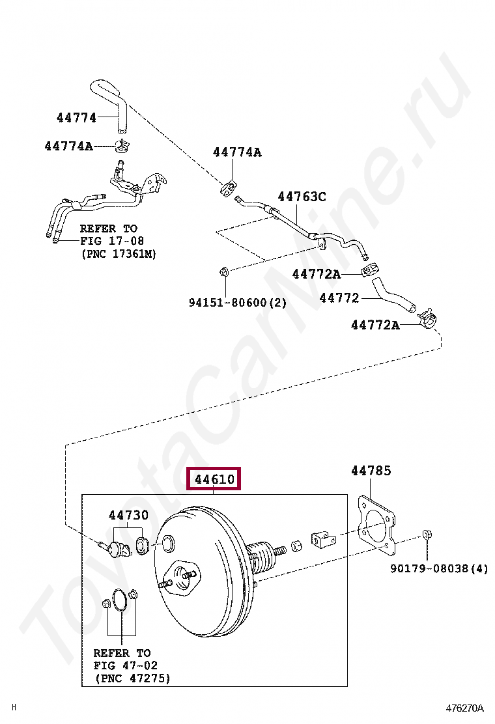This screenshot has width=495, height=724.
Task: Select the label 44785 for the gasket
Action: click(x=371, y=470)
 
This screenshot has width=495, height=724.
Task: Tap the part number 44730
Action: click(x=128, y=515)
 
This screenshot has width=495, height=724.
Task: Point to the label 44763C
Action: click(x=302, y=196)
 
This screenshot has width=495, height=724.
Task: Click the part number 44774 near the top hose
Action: click(x=76, y=118)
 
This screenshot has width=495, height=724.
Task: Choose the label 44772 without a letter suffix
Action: click(x=339, y=298)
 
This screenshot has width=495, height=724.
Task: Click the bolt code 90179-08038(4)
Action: click(x=439, y=568)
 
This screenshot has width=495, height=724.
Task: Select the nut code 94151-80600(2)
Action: click(x=238, y=303)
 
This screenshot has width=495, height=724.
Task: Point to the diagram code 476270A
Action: click(x=465, y=708)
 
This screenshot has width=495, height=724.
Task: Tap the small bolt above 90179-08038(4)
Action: click(x=427, y=535)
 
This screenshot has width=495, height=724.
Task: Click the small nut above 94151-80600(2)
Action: click(x=223, y=270)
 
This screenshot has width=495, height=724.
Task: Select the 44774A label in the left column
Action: click(x=68, y=146)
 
